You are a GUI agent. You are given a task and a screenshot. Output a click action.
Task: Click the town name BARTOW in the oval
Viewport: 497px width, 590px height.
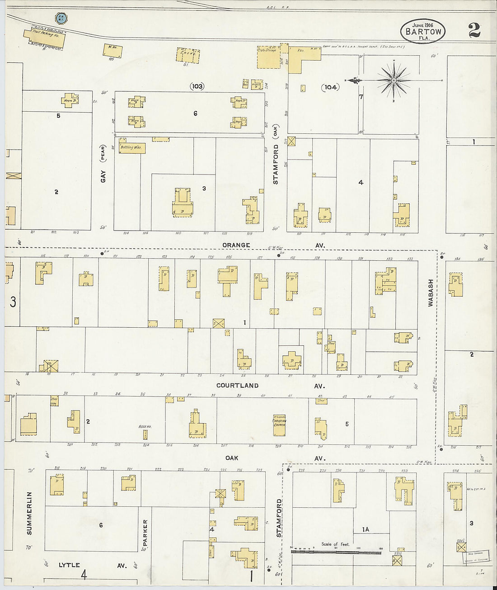click(x=423, y=32)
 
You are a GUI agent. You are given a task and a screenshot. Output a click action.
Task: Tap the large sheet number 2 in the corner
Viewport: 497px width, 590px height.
click(x=474, y=30)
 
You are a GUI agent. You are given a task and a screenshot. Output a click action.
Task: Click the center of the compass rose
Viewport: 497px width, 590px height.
click(x=394, y=80)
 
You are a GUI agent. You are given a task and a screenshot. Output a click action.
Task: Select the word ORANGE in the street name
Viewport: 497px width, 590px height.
click(x=236, y=245)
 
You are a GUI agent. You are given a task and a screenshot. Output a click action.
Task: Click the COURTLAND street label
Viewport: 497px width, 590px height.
click(x=237, y=386)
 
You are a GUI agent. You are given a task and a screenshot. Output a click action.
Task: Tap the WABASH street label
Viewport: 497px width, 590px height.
click(x=431, y=293)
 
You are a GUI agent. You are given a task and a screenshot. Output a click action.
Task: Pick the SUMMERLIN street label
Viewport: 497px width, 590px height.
click(x=29, y=513)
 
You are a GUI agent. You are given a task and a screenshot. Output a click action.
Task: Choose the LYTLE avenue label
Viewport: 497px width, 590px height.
click(x=69, y=565)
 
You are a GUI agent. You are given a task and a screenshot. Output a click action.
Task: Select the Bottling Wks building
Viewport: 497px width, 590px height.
click(x=132, y=148)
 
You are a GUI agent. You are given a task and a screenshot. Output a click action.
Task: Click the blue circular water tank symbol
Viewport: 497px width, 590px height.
click(x=61, y=18)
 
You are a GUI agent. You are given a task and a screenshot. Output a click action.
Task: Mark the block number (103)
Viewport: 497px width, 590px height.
click(x=197, y=86)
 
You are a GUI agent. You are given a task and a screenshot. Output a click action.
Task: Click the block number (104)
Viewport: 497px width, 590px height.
click(x=330, y=87)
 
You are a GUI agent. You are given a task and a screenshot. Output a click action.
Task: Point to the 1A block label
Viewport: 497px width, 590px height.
click(x=365, y=529)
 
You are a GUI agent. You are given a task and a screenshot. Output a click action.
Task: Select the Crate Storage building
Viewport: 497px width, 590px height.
click(x=268, y=57)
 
